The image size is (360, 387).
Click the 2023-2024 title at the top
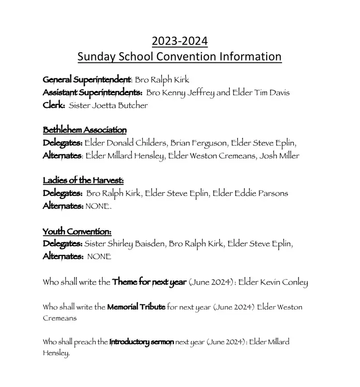click(x=180, y=41)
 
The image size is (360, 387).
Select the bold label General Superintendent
click(x=87, y=80)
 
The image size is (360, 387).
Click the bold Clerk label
click(x=53, y=105)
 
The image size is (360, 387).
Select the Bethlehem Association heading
click(x=85, y=130)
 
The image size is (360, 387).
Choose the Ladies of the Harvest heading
click(x=83, y=181)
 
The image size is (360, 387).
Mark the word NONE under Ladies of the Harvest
click(x=98, y=206)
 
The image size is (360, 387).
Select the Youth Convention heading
click(x=77, y=231)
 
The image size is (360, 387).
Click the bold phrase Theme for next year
click(x=149, y=282)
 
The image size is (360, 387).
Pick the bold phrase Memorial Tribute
click(x=136, y=307)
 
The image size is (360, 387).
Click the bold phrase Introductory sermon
click(x=141, y=342)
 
